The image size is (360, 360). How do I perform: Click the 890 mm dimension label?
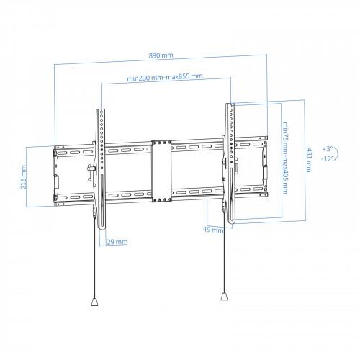161,55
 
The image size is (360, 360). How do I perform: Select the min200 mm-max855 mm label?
165,77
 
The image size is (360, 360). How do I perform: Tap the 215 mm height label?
24,177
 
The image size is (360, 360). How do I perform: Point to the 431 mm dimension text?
308,160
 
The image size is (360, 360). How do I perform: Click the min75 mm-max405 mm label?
284,158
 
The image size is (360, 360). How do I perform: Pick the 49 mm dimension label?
213,230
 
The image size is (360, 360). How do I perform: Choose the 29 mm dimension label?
117,242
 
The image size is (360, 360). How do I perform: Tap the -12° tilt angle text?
328,158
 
